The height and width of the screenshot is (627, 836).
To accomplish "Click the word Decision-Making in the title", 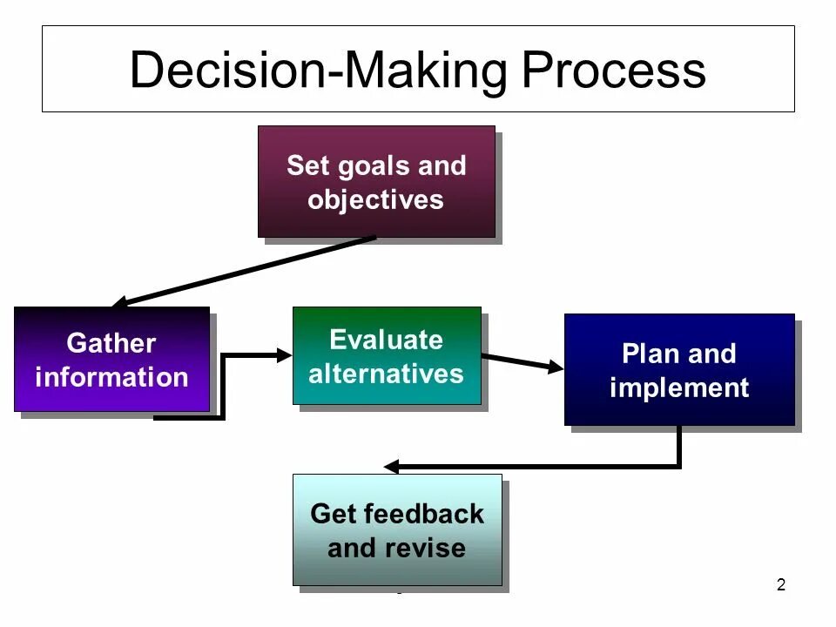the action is pos(318,70).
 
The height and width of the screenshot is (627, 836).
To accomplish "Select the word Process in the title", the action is pos(614,70).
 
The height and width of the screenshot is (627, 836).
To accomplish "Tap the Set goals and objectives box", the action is pos(376,182).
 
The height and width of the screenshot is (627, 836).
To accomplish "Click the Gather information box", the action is pos(111,359).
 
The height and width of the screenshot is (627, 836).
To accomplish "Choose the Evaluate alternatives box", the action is pos(387,355).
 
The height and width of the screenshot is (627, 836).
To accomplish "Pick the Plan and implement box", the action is pos(679,369).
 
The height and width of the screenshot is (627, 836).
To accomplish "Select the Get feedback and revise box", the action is pos(397,529).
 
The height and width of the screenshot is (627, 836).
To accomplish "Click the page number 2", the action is pos(780,585).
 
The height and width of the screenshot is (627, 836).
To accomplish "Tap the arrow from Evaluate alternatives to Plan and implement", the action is pos(522,362).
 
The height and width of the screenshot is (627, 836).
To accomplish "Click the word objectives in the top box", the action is pos(376,199).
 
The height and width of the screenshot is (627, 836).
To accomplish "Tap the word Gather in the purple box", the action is pos(111,343).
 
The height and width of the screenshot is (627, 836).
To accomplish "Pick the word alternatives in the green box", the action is pos(387,374).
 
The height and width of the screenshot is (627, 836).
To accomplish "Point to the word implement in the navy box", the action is pos(679,388).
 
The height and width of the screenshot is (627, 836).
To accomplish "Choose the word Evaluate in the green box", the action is pos(387,339).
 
